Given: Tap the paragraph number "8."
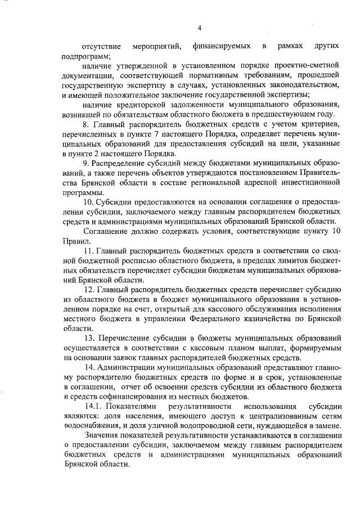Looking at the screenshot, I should coord(87,125).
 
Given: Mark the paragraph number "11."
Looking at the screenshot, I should coord(89,253).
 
